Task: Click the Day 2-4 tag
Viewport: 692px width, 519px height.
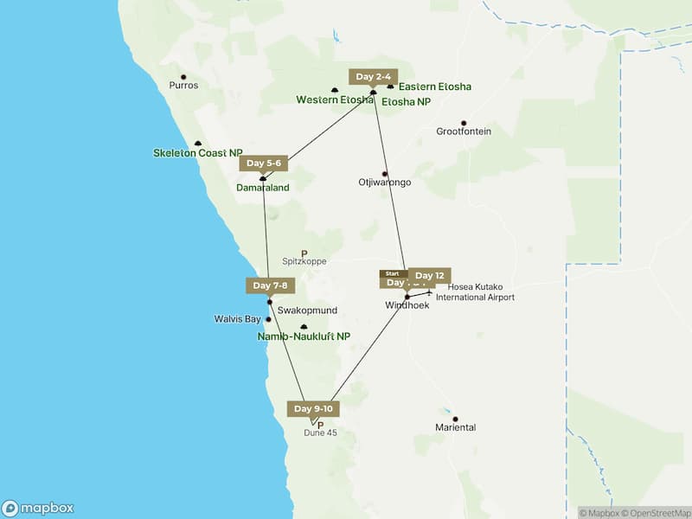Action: [x=374, y=76]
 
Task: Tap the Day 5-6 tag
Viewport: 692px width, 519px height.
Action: [x=263, y=163]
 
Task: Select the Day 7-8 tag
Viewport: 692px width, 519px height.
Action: [x=270, y=285]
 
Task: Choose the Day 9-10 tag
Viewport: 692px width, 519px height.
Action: [x=312, y=408]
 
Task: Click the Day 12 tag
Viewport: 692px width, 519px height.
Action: [x=430, y=275]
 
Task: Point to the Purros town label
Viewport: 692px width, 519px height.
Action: [x=183, y=86]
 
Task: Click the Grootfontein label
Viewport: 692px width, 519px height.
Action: [x=464, y=131]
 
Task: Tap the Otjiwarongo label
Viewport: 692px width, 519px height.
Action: [x=384, y=183]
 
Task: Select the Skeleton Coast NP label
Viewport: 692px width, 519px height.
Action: [x=198, y=153]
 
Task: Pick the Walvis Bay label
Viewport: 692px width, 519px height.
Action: [x=237, y=319]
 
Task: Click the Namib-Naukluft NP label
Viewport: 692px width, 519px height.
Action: [x=304, y=336]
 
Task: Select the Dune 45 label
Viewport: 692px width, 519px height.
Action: [x=320, y=432]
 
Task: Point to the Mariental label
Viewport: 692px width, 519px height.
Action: [x=456, y=427]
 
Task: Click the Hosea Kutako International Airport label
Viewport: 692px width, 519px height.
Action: [x=475, y=292]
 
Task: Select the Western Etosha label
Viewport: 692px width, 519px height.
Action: [x=334, y=99]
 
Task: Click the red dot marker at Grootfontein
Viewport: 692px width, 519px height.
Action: [x=464, y=123]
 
